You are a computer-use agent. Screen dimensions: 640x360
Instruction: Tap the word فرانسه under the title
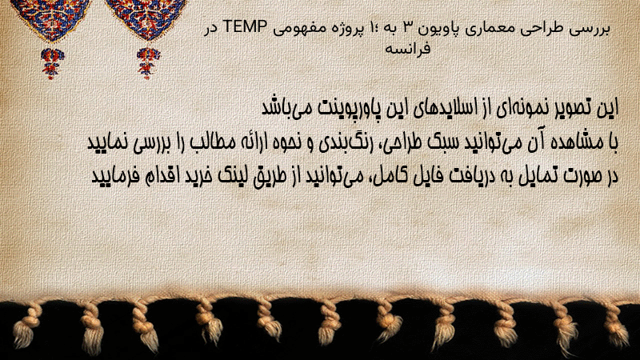coord(407,49)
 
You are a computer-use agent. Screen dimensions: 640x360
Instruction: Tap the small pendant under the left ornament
coord(52,63)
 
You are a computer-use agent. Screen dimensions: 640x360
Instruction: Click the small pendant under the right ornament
coord(148,63)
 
